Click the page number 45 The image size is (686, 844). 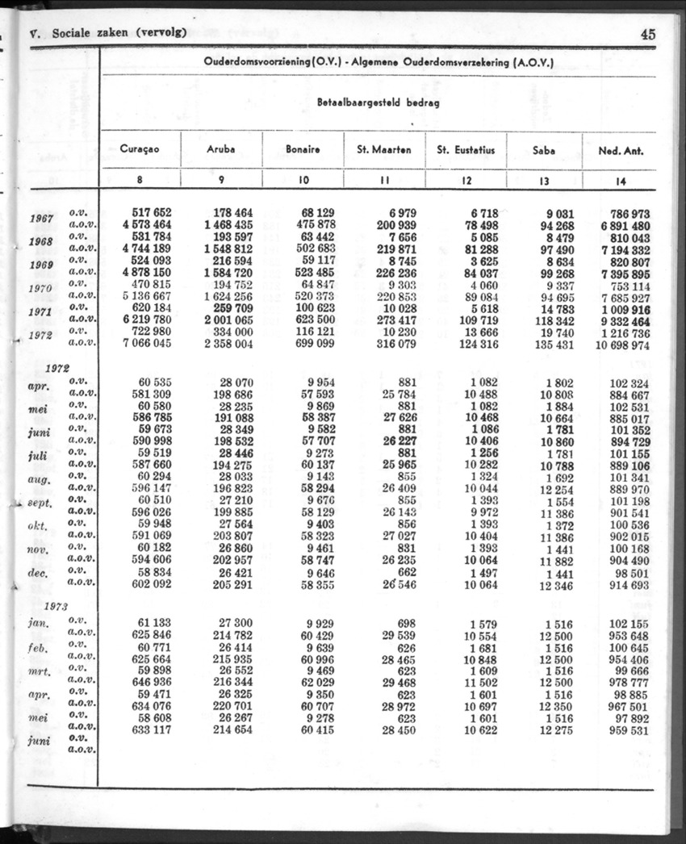(647, 34)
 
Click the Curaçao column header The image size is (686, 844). (140, 149)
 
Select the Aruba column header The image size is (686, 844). (221, 149)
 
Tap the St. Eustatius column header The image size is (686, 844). (466, 149)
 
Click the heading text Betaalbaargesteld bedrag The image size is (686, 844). (378, 103)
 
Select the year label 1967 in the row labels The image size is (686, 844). (42, 219)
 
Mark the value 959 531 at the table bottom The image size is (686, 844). (629, 730)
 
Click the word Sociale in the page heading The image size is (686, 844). (75, 33)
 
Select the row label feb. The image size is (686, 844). (41, 649)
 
